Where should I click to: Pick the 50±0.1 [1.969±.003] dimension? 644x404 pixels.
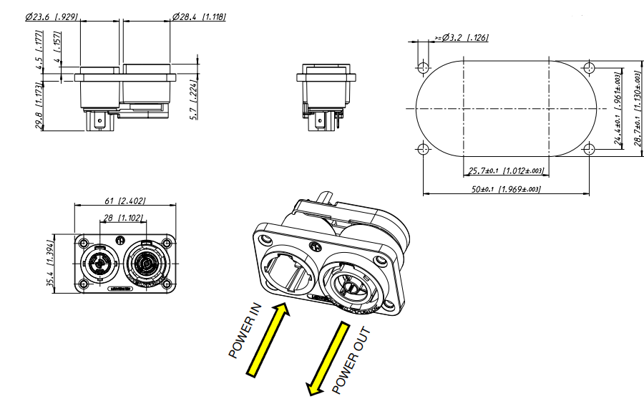coord(506,189)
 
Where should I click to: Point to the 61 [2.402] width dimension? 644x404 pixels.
coord(125,201)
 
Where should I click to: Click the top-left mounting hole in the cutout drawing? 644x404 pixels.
coord(423,68)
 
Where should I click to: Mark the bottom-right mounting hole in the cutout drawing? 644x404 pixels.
coord(590,149)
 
